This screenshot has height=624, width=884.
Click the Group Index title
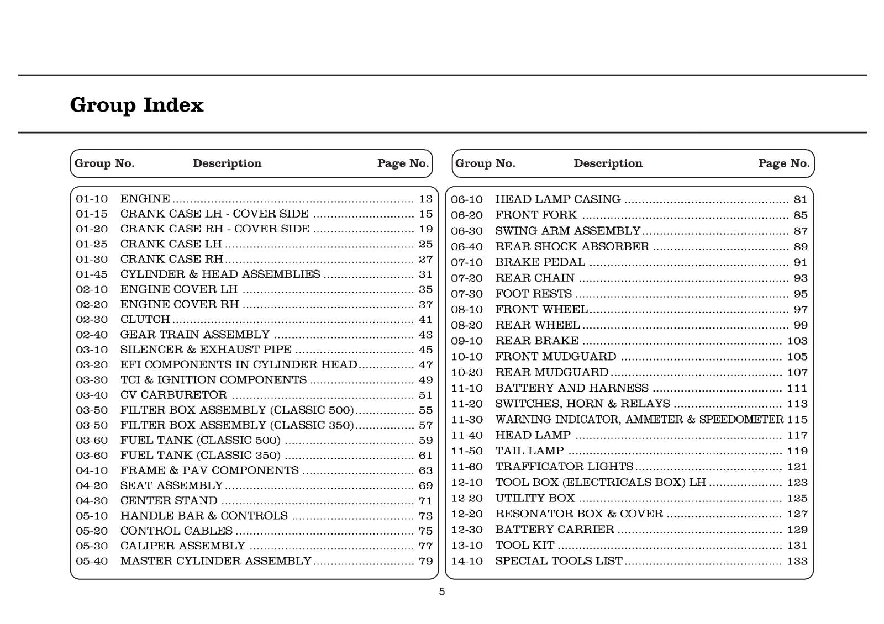tap(136, 105)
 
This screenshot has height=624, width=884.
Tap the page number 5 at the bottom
tap(441, 592)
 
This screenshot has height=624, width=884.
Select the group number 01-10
tap(92, 199)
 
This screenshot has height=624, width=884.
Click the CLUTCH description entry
tap(145, 320)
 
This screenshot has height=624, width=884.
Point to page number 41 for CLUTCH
tap(425, 320)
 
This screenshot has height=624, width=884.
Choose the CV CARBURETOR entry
tap(173, 395)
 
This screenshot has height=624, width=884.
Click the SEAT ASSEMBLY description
tap(171, 486)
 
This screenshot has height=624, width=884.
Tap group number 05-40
tap(92, 561)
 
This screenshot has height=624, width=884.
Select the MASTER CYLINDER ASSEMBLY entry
tap(215, 561)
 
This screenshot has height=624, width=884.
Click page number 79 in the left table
tap(425, 561)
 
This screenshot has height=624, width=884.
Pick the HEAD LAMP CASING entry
tap(557, 199)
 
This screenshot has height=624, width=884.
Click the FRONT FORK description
tap(535, 215)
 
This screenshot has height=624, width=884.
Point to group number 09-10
tap(467, 341)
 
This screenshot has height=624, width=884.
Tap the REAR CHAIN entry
tap(535, 278)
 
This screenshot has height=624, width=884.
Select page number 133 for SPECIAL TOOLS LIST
tap(797, 562)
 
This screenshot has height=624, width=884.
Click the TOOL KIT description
tap(524, 546)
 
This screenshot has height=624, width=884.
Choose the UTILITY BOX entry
tap(535, 499)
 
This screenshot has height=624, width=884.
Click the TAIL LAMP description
tap(529, 451)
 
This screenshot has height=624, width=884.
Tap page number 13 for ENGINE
tap(425, 199)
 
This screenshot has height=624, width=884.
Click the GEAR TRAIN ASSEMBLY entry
tap(194, 335)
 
